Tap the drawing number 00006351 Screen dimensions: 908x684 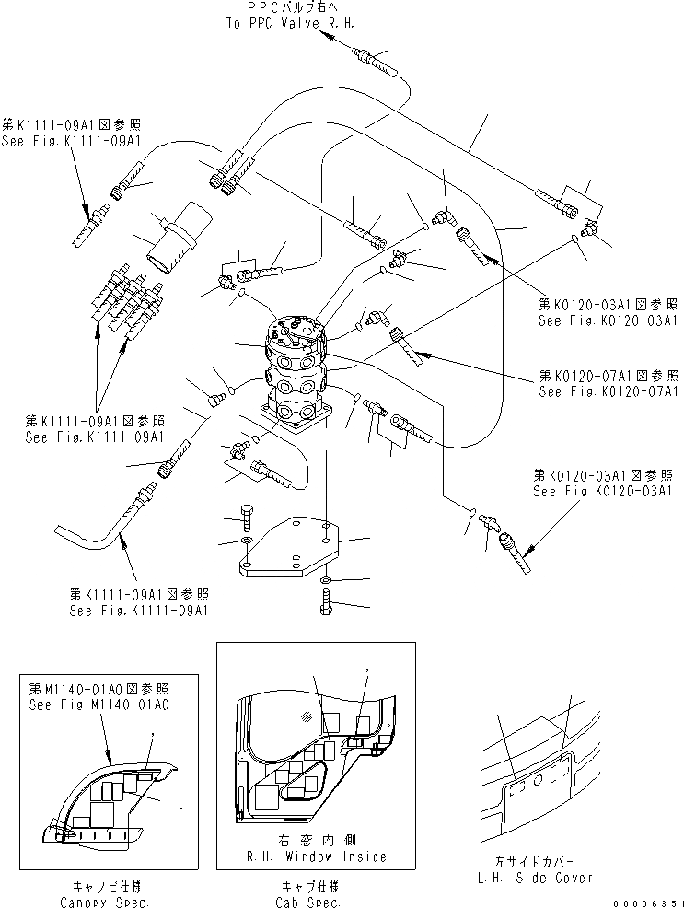(648, 902)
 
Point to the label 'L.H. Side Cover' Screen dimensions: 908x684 (550, 878)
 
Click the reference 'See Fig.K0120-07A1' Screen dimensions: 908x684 (609, 390)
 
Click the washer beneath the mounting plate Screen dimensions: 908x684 (328, 582)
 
